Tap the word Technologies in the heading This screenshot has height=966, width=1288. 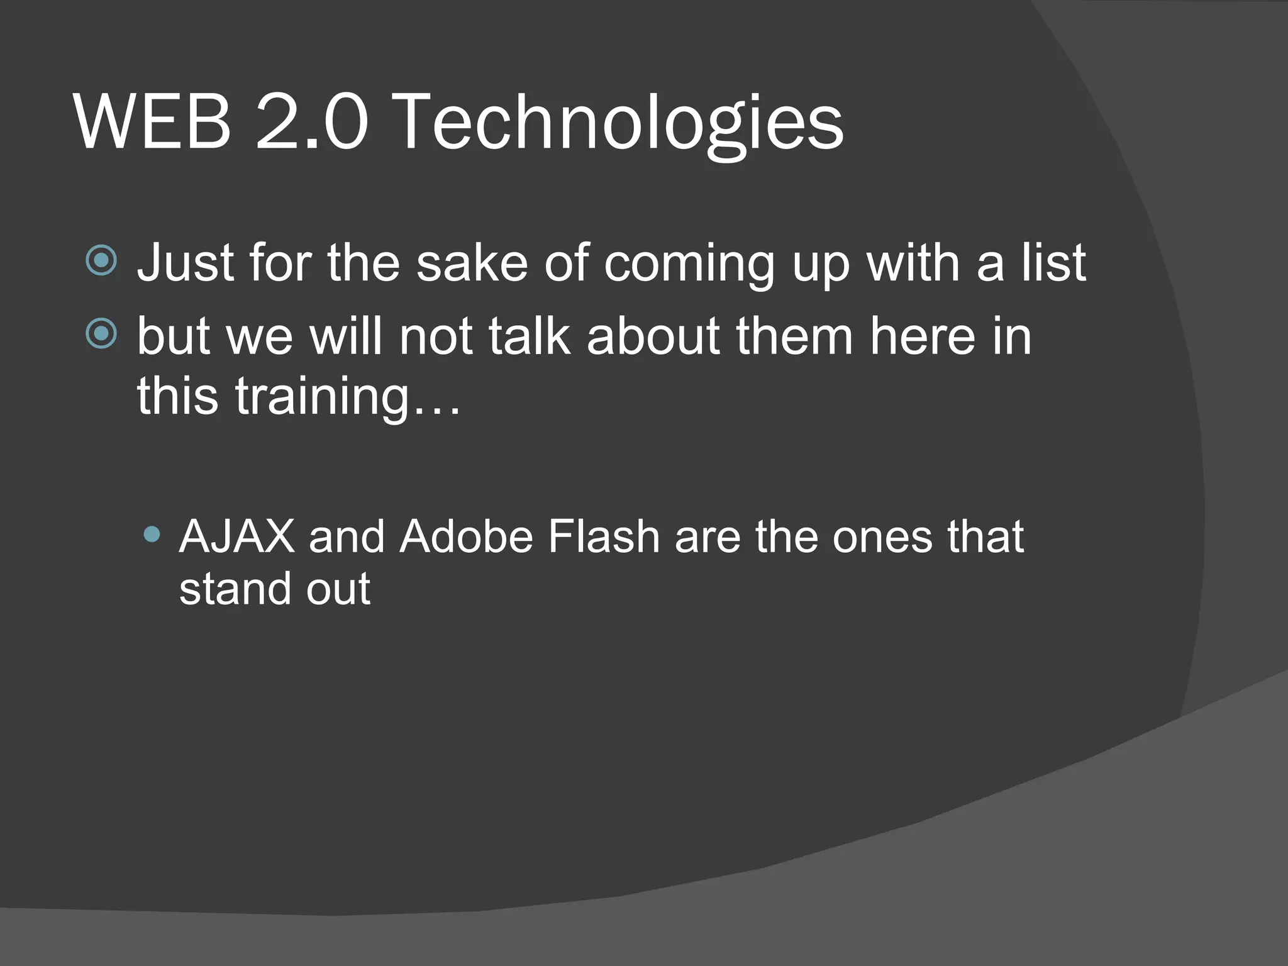619,123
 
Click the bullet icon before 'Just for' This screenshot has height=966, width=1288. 101,260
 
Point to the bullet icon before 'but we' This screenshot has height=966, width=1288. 101,333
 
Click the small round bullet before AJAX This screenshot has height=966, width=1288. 152,535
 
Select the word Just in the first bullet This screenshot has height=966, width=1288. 186,262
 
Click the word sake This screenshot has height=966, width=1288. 472,262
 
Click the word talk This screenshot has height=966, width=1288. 529,336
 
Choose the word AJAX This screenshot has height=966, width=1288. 237,537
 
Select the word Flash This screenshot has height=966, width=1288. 603,537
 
